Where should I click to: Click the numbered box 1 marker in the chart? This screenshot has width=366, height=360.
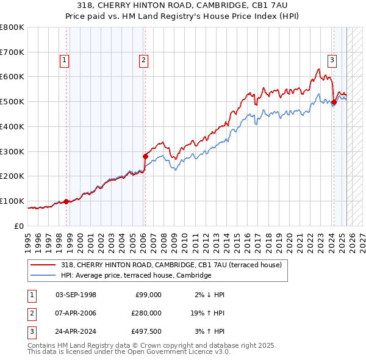pyautogui.click(x=65, y=60)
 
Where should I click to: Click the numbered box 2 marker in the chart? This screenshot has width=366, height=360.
pyautogui.click(x=143, y=60)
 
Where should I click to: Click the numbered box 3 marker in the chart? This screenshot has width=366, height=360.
pyautogui.click(x=332, y=60)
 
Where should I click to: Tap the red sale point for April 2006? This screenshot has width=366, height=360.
pyautogui.click(x=145, y=156)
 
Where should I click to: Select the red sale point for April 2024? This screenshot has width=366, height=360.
pyautogui.click(x=334, y=103)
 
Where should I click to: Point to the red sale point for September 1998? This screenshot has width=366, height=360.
pyautogui.click(x=66, y=201)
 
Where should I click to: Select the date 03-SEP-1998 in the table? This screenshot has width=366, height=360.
pyautogui.click(x=76, y=295)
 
